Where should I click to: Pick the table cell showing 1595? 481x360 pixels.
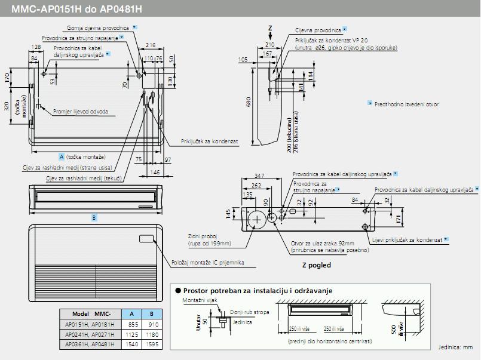point(152,344)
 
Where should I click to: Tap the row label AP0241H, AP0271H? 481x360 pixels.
point(89,334)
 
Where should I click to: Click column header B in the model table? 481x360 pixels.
point(152,313)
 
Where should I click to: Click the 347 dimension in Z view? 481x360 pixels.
point(259,176)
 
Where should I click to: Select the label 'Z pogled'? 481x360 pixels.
point(316,265)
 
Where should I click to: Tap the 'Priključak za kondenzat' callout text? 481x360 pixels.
point(210,141)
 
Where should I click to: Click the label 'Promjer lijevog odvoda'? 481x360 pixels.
point(81,112)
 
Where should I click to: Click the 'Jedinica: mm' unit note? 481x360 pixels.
point(455,347)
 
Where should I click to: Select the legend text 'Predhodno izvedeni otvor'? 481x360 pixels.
point(406,104)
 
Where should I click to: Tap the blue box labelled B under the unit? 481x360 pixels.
point(94,217)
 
